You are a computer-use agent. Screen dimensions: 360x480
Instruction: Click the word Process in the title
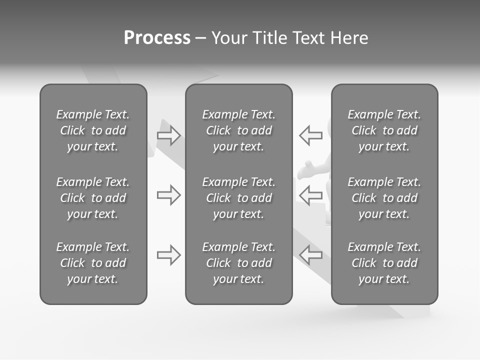pos(157,38)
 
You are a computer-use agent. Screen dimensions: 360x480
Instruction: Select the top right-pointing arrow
pos(169,135)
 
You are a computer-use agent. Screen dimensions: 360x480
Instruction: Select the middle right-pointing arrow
pos(169,195)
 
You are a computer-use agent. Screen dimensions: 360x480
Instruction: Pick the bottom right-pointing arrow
pos(169,255)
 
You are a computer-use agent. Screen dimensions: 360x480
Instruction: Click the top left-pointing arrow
pos(310,135)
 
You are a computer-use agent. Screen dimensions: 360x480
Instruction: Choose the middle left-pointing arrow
pos(310,195)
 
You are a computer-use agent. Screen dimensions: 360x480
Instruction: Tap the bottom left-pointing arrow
pos(310,255)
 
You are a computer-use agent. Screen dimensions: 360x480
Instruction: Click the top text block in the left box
pos(93,130)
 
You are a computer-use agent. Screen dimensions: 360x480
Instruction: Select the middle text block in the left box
pos(93,198)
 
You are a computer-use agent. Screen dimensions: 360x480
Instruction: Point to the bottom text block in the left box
pos(93,263)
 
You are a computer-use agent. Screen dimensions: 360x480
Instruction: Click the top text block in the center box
pos(238,130)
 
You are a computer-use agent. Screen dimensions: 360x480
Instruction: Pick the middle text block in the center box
pos(238,198)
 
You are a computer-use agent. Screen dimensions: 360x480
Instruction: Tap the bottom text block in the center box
pos(238,263)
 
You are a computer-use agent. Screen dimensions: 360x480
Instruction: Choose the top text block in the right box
pos(384,130)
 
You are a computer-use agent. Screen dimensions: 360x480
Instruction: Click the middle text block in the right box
pos(384,198)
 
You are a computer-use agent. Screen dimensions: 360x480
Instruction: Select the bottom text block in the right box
pos(384,263)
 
